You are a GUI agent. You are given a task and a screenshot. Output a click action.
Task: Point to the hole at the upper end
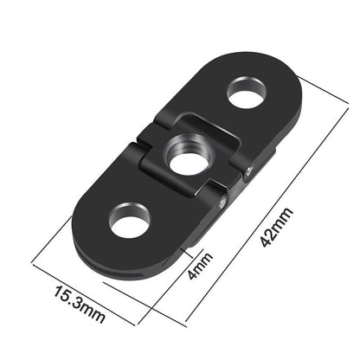(247, 94)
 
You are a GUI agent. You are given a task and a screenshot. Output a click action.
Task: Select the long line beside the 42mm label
(260, 208)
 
